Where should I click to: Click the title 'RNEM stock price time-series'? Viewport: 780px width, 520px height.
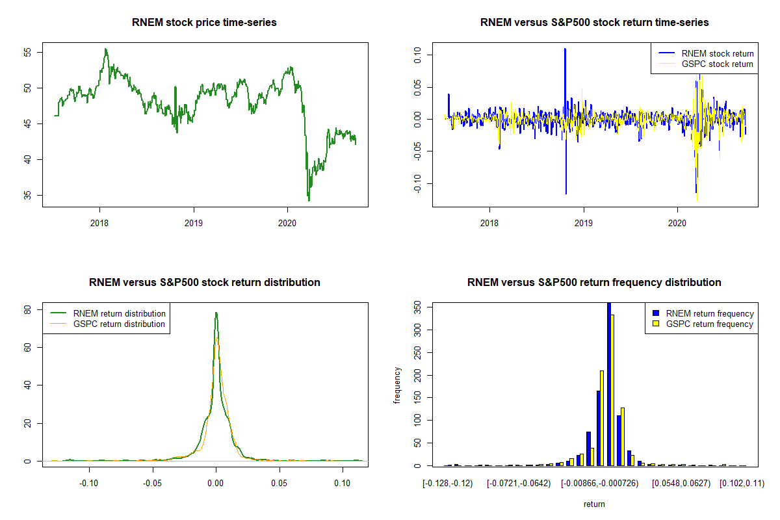pyautogui.click(x=204, y=23)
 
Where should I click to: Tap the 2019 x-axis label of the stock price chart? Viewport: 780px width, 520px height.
pyautogui.click(x=193, y=222)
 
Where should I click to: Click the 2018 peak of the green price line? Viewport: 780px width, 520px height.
pyautogui.click(x=105, y=49)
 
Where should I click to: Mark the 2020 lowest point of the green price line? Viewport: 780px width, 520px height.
pyautogui.click(x=309, y=200)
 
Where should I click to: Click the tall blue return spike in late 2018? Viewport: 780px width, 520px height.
pyautogui.click(x=565, y=49)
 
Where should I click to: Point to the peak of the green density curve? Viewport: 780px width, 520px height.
pyautogui.click(x=216, y=313)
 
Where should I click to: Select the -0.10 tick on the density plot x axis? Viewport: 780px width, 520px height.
pyautogui.click(x=88, y=483)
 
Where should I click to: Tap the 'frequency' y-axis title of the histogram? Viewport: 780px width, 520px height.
pyautogui.click(x=397, y=385)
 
